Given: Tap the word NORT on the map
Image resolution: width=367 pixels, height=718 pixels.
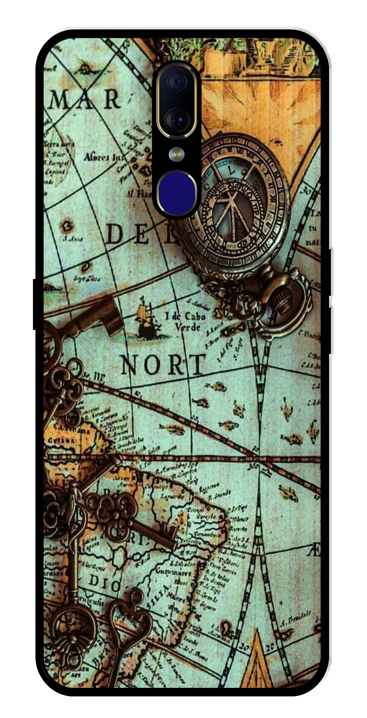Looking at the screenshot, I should (163, 364).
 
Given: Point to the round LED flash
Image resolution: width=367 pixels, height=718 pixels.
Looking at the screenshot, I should (175, 153).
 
